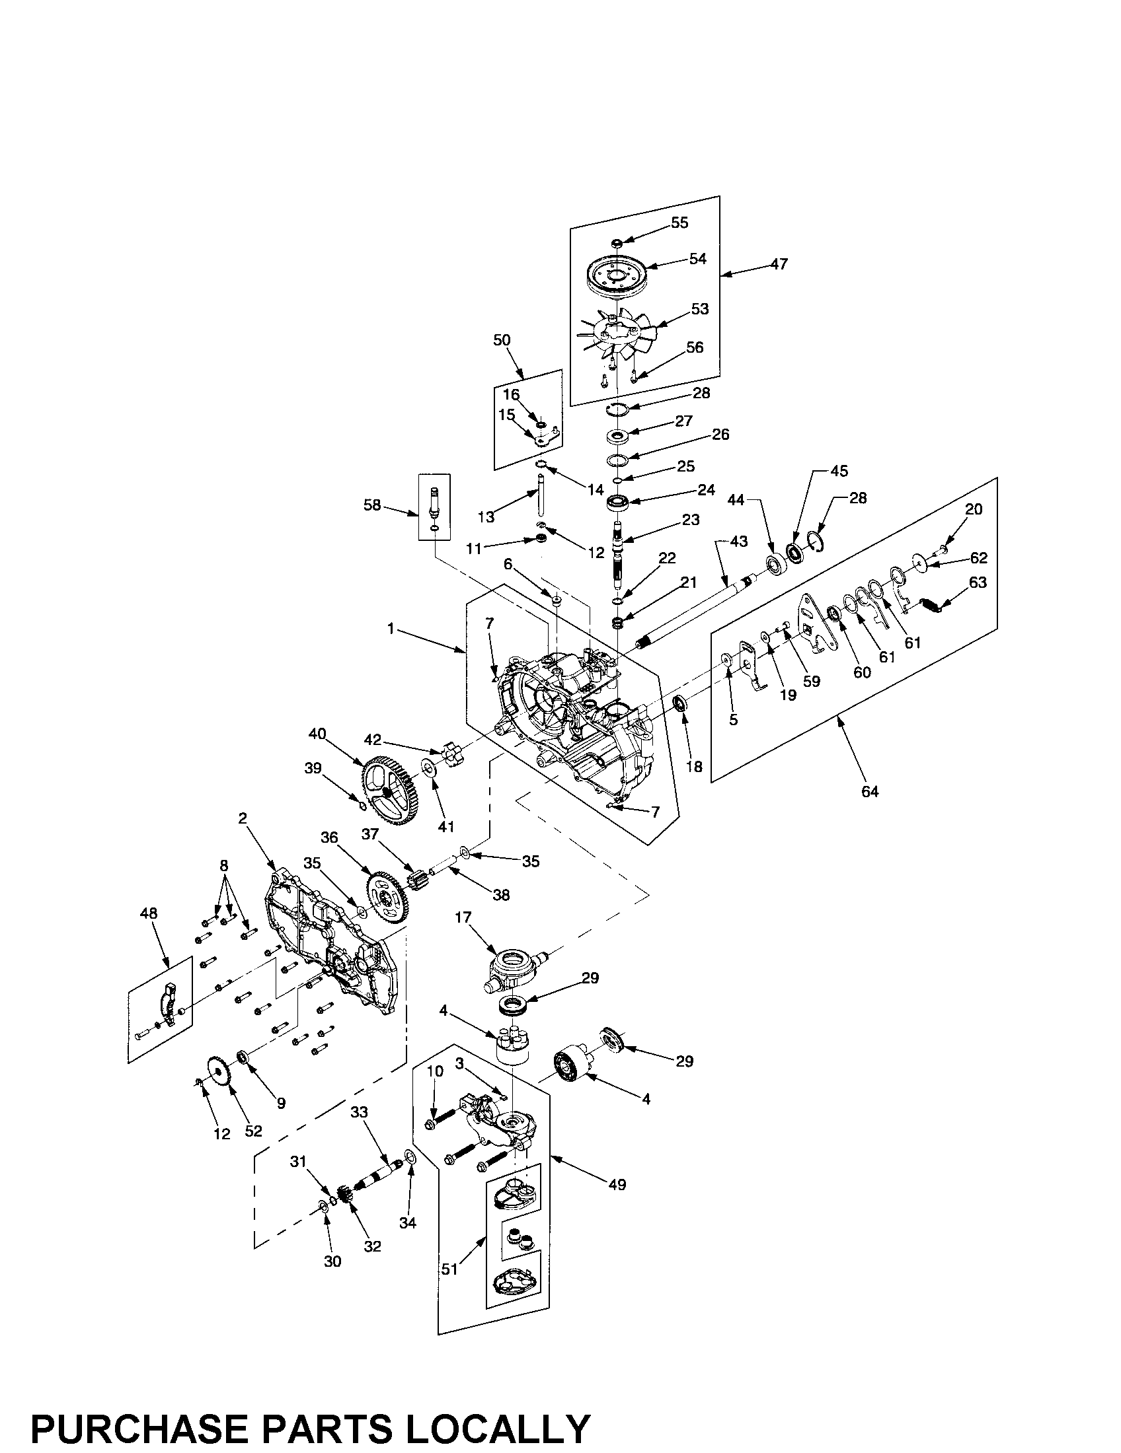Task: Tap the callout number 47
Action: (x=779, y=264)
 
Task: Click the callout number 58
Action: (x=372, y=506)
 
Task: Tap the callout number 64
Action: (x=869, y=792)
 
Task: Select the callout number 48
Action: (x=149, y=913)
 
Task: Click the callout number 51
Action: (x=450, y=1269)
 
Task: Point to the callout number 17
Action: (x=463, y=917)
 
